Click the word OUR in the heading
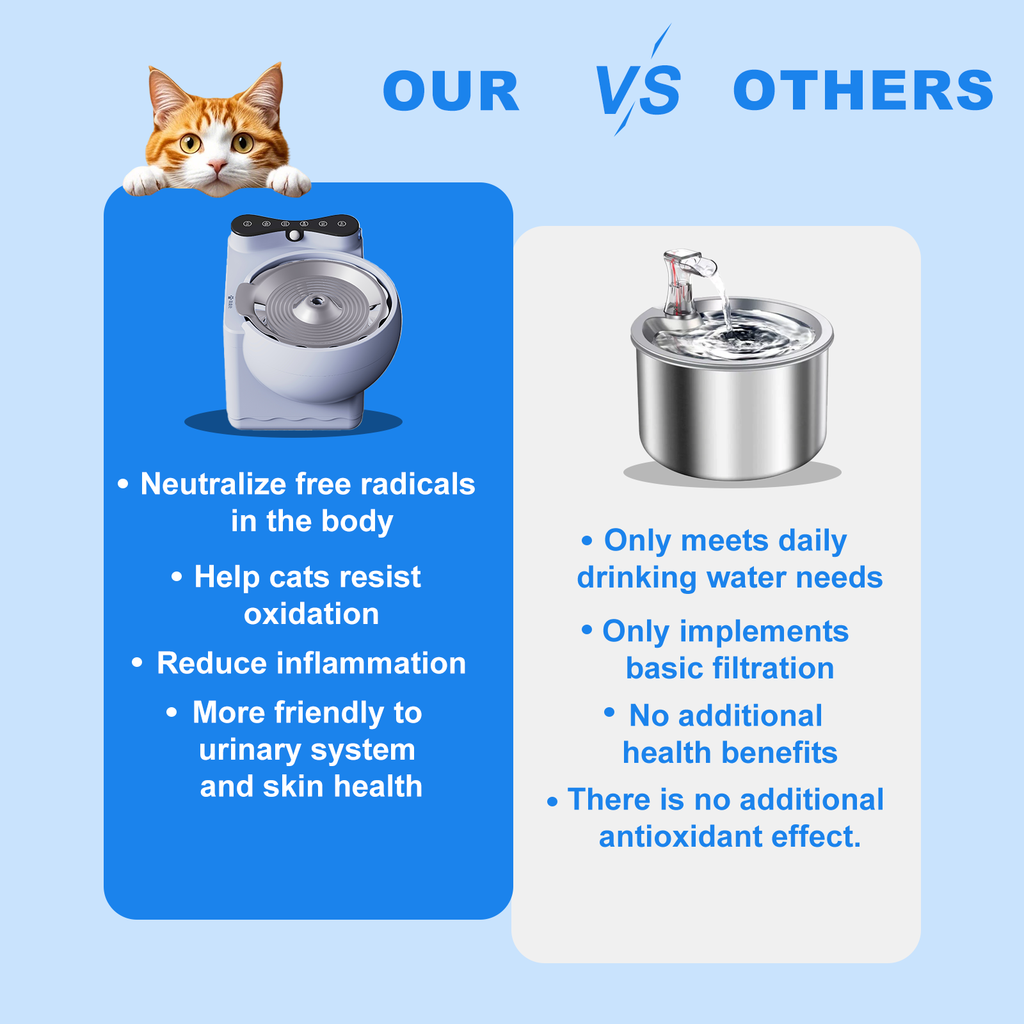(451, 91)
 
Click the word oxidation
(312, 614)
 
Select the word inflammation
(371, 663)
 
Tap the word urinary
(250, 750)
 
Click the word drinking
(637, 578)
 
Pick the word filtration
(773, 668)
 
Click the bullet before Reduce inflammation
(137, 662)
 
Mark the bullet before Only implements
(587, 630)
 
